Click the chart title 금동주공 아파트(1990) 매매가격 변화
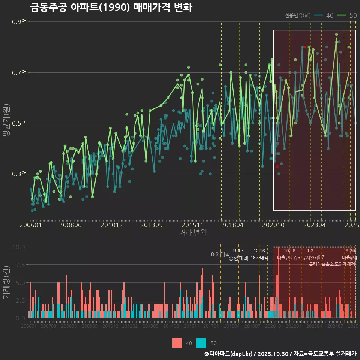click(111, 7)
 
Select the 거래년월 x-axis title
click(193, 233)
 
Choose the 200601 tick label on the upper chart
click(31, 225)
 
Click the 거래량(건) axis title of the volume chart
click(6, 282)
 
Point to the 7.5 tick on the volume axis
click(19, 265)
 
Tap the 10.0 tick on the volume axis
click(18, 247)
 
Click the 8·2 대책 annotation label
click(220, 255)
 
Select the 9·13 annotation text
click(238, 250)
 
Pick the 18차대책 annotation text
click(259, 258)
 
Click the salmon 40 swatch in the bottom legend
click(177, 343)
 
